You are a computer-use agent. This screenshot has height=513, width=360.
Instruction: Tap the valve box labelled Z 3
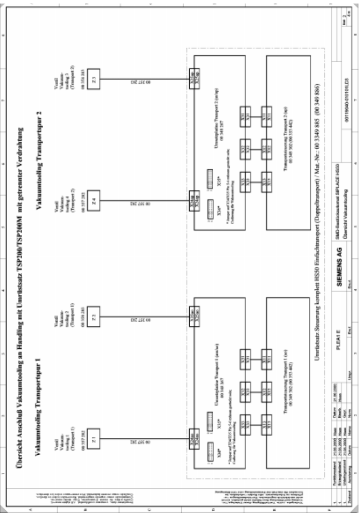[94, 79]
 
